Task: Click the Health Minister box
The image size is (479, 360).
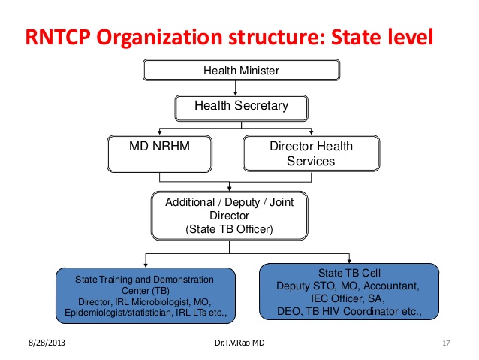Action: (x=241, y=70)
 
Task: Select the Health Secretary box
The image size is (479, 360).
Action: (x=241, y=108)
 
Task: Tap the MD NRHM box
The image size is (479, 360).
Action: (x=159, y=153)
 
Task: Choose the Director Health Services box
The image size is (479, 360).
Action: (x=312, y=153)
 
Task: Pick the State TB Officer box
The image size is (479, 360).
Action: (x=230, y=216)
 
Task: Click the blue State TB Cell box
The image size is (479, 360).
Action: (x=349, y=292)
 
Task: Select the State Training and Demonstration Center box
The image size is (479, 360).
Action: (x=146, y=295)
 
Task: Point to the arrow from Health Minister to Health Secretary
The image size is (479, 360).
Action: (x=235, y=88)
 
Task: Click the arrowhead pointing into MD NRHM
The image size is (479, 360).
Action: (x=159, y=132)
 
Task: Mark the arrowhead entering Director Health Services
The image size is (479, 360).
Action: (x=312, y=132)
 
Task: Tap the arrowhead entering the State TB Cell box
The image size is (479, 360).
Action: (x=349, y=261)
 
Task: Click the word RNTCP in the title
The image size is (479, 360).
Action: (x=58, y=37)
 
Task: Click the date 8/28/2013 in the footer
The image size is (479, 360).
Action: (x=47, y=343)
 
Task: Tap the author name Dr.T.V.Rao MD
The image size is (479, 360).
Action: (x=239, y=343)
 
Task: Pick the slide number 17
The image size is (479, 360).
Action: (x=446, y=343)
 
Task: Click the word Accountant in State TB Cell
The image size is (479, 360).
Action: (x=391, y=286)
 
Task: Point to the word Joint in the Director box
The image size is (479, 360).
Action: (x=282, y=202)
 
